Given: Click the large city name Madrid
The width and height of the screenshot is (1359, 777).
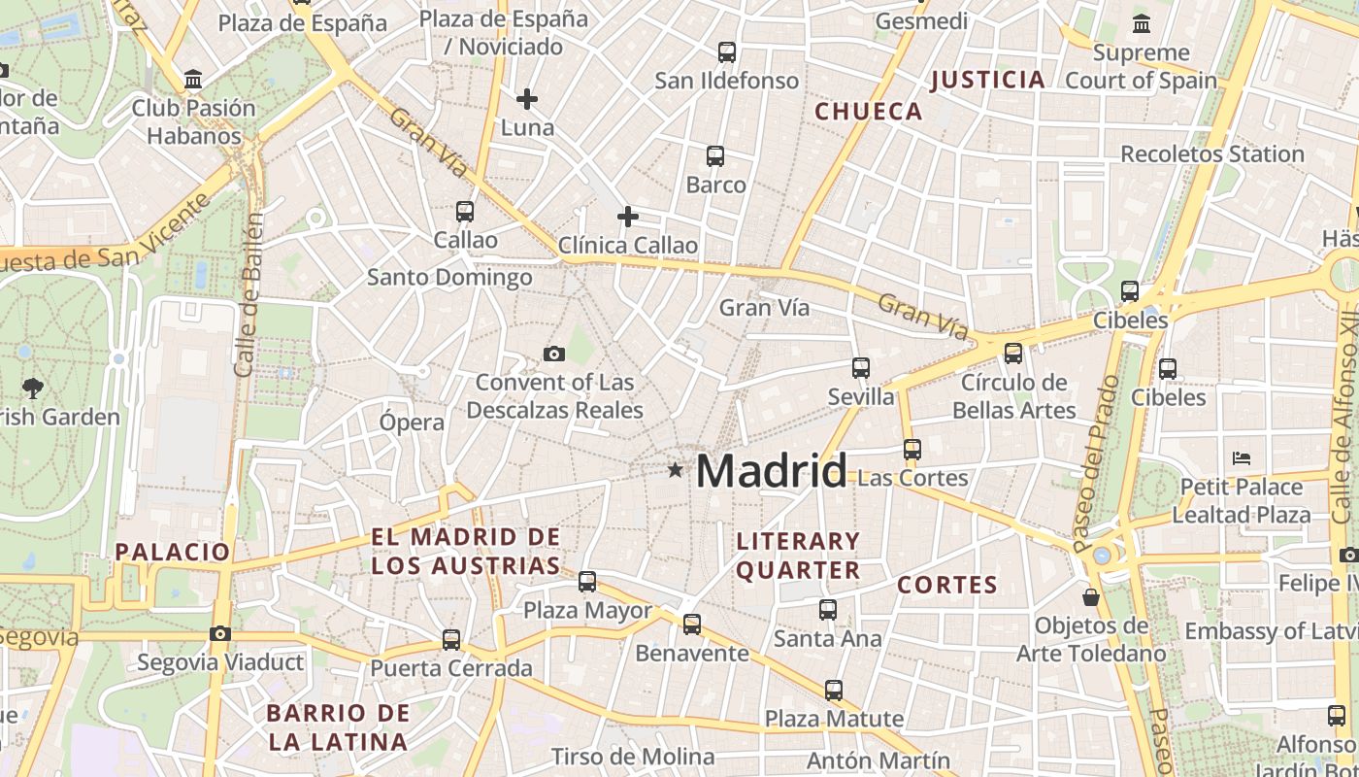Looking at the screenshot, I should (x=772, y=471).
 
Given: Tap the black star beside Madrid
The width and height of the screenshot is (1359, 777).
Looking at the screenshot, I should (x=675, y=471).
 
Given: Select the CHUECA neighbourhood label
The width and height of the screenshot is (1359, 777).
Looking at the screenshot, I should (x=868, y=112).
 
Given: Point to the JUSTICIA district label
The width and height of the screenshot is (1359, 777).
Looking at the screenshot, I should (x=987, y=80).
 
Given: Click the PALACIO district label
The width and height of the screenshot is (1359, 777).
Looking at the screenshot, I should (x=173, y=553).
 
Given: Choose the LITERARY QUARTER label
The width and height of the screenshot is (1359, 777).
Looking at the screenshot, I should (x=798, y=556).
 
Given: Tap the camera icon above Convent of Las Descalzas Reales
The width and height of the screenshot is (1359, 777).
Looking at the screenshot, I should (x=554, y=355).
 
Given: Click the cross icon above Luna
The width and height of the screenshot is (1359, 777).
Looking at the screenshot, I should (x=527, y=99).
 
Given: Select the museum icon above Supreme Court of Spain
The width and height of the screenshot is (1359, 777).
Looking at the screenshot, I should (x=1142, y=24).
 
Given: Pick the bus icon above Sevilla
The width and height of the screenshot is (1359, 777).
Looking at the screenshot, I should (x=861, y=368).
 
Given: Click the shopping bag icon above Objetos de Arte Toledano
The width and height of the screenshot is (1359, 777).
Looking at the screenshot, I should (x=1091, y=596).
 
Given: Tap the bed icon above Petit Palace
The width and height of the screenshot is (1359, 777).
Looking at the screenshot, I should (x=1242, y=457).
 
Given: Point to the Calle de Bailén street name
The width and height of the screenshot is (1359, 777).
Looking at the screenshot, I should (x=249, y=296).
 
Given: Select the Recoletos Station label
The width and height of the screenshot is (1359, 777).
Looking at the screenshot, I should (x=1212, y=154).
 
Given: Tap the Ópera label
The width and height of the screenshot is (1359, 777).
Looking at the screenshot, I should (x=412, y=422).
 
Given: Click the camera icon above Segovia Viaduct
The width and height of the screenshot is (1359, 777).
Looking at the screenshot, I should (x=220, y=634).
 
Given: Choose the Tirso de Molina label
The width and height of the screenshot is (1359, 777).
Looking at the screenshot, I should (x=633, y=757).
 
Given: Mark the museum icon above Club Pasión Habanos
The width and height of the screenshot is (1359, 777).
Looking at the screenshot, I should (x=193, y=80).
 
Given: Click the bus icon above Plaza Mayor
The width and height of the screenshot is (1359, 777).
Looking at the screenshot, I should (x=587, y=582).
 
